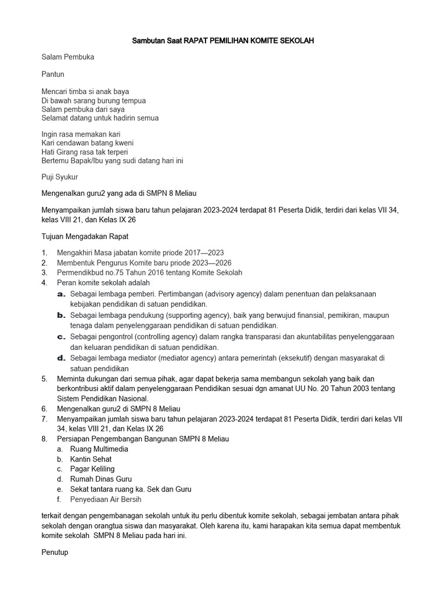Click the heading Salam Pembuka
[x=68, y=58]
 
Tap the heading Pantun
[x=53, y=74]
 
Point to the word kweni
[x=122, y=143]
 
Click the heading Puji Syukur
[x=60, y=177]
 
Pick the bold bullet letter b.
[x=60, y=315]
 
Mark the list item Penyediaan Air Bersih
[x=106, y=499]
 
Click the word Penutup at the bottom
[x=55, y=553]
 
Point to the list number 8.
[x=44, y=439]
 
